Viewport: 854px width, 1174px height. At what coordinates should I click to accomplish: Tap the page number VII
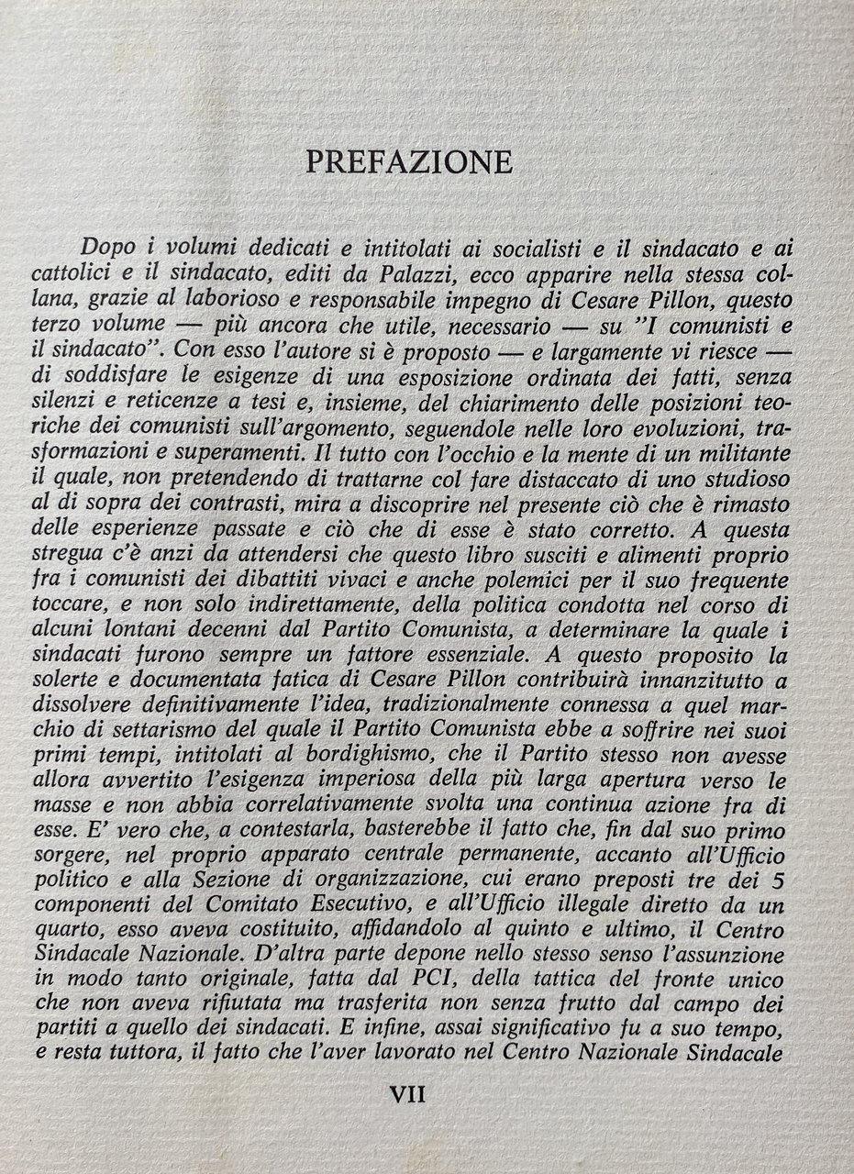point(408,1093)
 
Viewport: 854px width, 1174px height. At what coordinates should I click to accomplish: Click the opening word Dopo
point(109,247)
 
